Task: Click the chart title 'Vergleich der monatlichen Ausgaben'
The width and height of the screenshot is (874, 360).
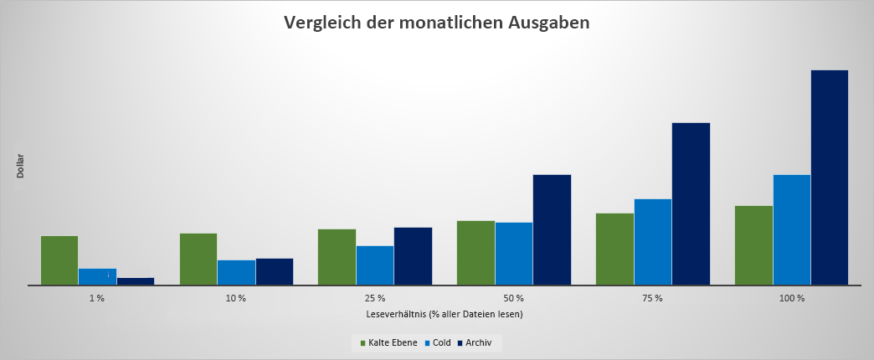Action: point(436,23)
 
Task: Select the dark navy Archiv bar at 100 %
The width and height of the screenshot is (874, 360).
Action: point(829,177)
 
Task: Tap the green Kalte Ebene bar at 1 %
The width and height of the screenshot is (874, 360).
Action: point(59,260)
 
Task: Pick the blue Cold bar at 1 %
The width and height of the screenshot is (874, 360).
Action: point(97,277)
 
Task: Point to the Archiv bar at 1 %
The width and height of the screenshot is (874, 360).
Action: point(136,281)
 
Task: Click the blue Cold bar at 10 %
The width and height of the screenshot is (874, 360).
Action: point(236,273)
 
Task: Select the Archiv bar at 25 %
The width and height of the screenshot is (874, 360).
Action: point(413,256)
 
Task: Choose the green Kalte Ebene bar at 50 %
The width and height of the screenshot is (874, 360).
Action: point(476,253)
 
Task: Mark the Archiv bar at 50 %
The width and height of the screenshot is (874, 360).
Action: point(552,230)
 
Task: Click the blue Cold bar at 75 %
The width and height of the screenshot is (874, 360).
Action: point(653,242)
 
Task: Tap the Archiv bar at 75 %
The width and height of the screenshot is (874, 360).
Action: point(691,204)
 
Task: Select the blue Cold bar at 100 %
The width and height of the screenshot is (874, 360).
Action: point(791,230)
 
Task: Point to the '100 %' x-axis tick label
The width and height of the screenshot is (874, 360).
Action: point(792,298)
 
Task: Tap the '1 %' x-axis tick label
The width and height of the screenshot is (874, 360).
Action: point(97,298)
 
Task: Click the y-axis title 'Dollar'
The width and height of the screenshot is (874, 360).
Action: point(20,166)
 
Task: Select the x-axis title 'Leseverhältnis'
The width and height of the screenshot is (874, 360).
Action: point(445,314)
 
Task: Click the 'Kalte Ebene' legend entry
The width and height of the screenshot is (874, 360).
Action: point(388,342)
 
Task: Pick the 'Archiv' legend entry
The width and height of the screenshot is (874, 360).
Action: point(477,342)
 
